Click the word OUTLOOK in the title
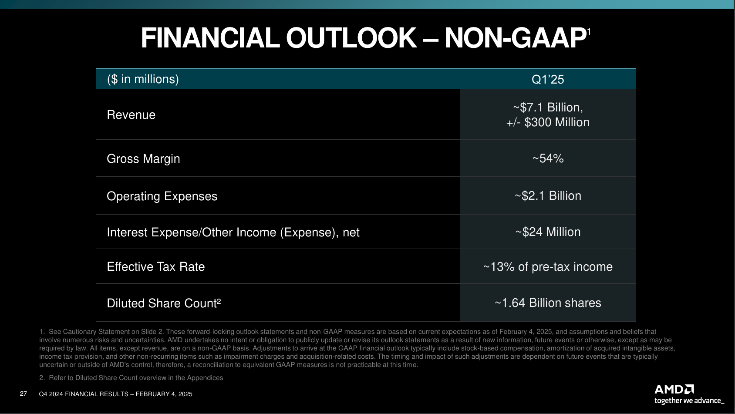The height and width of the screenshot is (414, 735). pyautogui.click(x=351, y=38)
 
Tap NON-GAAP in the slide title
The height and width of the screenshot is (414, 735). pyautogui.click(x=515, y=38)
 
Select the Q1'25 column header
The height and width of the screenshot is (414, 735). pyautogui.click(x=547, y=79)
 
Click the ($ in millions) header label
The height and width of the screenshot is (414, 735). pyautogui.click(x=143, y=79)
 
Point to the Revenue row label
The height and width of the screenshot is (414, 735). pyautogui.click(x=131, y=115)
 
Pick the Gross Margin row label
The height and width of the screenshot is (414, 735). pyautogui.click(x=143, y=159)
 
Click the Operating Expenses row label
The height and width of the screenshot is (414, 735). pyautogui.click(x=162, y=196)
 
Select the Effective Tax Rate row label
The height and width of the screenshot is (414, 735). pyautogui.click(x=155, y=267)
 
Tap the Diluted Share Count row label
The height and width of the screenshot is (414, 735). pyautogui.click(x=164, y=303)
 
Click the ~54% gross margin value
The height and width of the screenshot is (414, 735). pyautogui.click(x=548, y=158)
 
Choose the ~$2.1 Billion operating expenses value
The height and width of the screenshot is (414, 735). pyautogui.click(x=548, y=196)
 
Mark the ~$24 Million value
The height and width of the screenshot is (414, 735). pyautogui.click(x=548, y=232)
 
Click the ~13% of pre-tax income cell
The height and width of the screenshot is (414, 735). pyautogui.click(x=548, y=267)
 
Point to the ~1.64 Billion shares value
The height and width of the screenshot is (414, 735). pyautogui.click(x=548, y=303)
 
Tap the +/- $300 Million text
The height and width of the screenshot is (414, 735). pyautogui.click(x=548, y=122)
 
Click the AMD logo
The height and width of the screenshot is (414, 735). pyautogui.click(x=674, y=389)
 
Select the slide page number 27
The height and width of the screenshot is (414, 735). pyautogui.click(x=24, y=394)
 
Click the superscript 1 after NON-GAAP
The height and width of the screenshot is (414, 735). pyautogui.click(x=589, y=32)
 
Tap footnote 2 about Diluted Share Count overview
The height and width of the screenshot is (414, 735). pyautogui.click(x=131, y=378)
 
